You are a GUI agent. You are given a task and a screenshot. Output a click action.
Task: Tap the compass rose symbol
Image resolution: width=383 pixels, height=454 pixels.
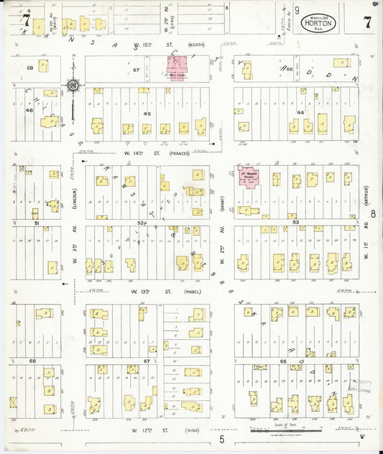74,86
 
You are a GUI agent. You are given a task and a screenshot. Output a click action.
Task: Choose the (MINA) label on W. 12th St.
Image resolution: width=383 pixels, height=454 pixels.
188,430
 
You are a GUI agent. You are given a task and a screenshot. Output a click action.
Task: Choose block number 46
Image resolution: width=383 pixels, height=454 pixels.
29,111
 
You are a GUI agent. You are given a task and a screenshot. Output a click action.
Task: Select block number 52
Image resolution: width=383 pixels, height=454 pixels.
142,223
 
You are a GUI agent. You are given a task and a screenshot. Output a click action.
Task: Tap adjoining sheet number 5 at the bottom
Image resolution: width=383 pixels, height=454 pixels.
222,439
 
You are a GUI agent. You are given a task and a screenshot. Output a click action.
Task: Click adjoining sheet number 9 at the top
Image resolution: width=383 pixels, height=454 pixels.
296,10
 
